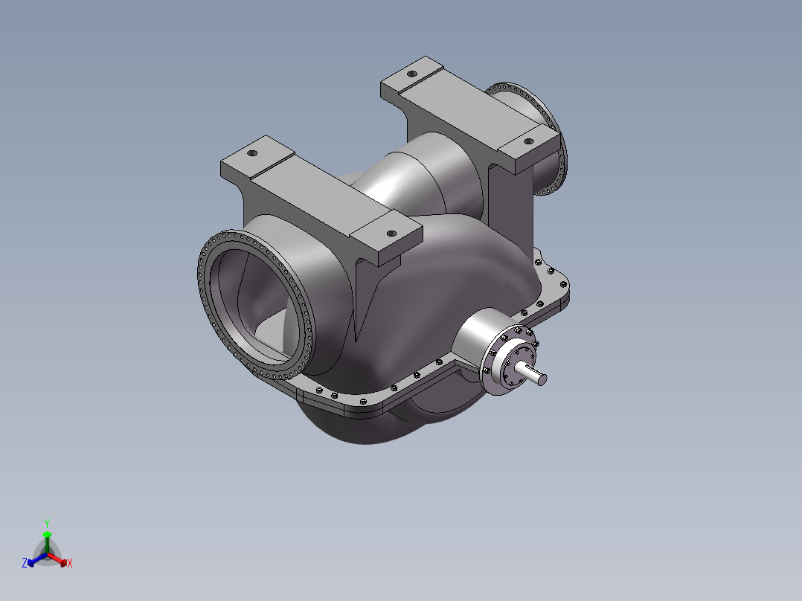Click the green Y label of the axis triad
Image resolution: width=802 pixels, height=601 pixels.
click(x=47, y=523)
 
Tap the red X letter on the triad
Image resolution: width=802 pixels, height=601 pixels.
click(x=70, y=563)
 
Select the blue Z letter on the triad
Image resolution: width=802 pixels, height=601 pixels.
click(x=25, y=562)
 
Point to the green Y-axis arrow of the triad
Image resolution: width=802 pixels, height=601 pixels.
click(x=47, y=542)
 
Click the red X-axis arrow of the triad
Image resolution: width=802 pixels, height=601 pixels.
click(x=57, y=559)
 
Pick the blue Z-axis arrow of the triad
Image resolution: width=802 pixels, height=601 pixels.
click(x=37, y=559)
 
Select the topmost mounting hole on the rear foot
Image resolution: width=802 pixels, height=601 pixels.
click(x=411, y=74)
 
